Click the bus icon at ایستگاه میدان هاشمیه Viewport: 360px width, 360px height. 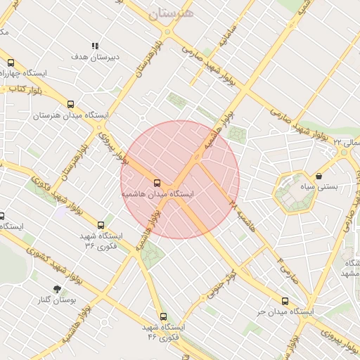156,181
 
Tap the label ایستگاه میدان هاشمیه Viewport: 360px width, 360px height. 157,193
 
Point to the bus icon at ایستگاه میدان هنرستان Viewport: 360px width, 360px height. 70,104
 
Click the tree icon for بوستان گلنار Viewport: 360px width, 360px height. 57,288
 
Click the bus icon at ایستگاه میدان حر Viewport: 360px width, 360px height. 285,300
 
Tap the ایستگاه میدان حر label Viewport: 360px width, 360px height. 285,311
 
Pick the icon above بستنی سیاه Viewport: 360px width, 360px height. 320,176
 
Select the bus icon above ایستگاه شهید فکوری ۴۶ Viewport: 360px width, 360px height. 163,316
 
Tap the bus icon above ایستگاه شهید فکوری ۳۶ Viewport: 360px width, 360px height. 101,225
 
